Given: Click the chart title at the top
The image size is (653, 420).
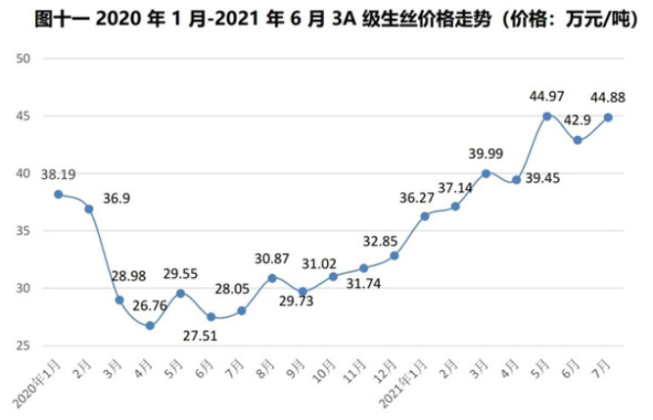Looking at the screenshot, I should [326, 17].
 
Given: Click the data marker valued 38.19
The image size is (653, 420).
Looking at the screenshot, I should [58, 194].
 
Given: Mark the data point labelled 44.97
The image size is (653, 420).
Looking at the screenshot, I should [548, 116].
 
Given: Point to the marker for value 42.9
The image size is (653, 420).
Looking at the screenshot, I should [579, 140].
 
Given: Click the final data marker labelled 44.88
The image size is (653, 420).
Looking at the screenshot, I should [610, 117].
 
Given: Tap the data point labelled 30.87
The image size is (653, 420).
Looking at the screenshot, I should [272, 278].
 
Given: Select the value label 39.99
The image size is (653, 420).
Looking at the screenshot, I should [487, 154].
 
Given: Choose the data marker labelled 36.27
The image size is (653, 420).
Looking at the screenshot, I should [425, 216].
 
